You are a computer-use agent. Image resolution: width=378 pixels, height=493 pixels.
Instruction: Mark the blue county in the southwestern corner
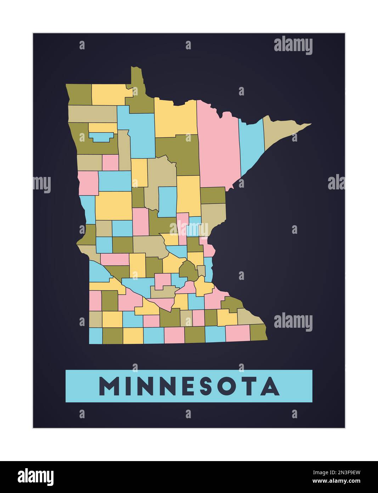click(x=95, y=336)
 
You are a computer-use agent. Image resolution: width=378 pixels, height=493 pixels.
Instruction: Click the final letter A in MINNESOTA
click(x=270, y=386)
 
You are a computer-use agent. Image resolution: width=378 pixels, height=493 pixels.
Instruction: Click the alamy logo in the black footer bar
click(x=36, y=477)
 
